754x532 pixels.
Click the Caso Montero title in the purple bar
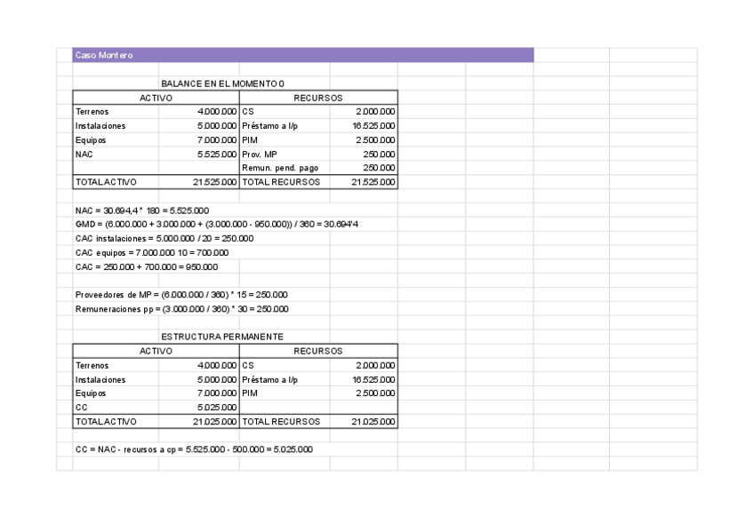pos(104,56)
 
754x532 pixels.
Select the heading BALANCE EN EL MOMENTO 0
pos(222,83)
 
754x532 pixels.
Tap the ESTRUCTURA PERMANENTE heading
pos(222,337)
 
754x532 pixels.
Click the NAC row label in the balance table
pos(84,154)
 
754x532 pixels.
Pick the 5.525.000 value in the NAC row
pos(217,154)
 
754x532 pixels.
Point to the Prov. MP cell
pos(260,154)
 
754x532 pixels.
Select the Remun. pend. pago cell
pos(280,168)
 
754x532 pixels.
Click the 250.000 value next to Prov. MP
pos(379,154)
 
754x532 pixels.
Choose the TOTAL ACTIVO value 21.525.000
pos(214,182)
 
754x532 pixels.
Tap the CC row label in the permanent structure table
pos(82,407)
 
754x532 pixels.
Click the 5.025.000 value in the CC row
pos(217,407)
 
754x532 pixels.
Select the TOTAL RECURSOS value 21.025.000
pos(373,421)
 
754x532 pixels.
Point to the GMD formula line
pos(217,224)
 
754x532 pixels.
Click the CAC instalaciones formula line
pos(164,238)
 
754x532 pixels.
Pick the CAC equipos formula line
pos(152,252)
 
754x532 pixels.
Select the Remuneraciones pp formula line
pos(181,309)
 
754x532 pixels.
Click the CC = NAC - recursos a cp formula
pos(194,449)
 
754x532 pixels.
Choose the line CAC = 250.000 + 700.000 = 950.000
pos(146,266)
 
